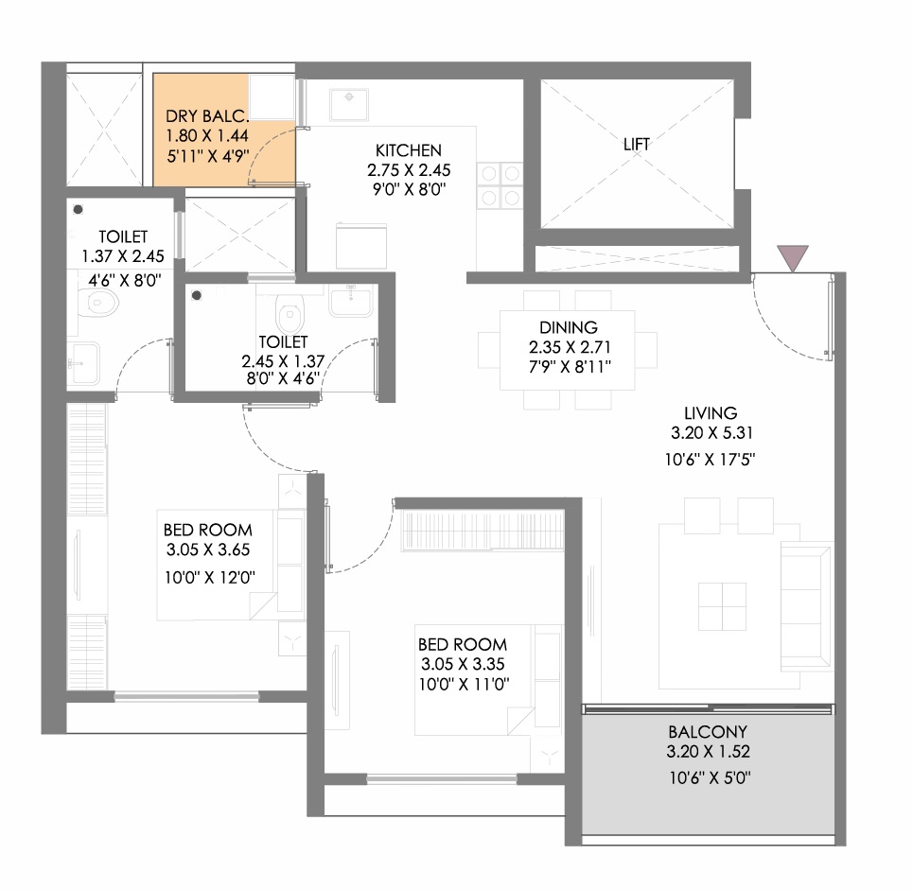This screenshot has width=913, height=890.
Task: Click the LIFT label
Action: pyautogui.click(x=637, y=144)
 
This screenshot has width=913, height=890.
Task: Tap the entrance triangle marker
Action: pyautogui.click(x=793, y=256)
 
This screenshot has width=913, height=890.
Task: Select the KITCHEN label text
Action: pyautogui.click(x=408, y=150)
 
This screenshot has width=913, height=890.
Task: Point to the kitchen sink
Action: pyautogui.click(x=349, y=104)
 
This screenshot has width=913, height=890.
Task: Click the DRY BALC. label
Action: pyautogui.click(x=207, y=115)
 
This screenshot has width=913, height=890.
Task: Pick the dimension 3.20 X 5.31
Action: pyautogui.click(x=711, y=432)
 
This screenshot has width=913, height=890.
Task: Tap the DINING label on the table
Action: pyautogui.click(x=569, y=327)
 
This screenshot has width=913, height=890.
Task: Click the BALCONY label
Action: pyautogui.click(x=708, y=732)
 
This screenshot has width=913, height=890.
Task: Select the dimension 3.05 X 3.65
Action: pyautogui.click(x=208, y=549)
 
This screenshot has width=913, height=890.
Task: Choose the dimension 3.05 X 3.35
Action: pyautogui.click(x=463, y=664)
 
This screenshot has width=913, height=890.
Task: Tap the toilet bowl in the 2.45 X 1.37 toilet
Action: pyautogui.click(x=290, y=313)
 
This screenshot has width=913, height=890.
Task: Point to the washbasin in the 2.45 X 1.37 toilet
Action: pyautogui.click(x=350, y=301)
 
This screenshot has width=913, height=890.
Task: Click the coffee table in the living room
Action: pyautogui.click(x=722, y=606)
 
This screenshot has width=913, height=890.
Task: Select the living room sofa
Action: pyautogui.click(x=806, y=605)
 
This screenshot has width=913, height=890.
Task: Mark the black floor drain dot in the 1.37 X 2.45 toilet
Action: pyautogui.click(x=78, y=210)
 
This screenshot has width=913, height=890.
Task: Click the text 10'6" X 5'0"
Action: pyautogui.click(x=710, y=777)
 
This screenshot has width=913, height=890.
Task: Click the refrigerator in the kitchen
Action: pyautogui.click(x=361, y=246)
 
